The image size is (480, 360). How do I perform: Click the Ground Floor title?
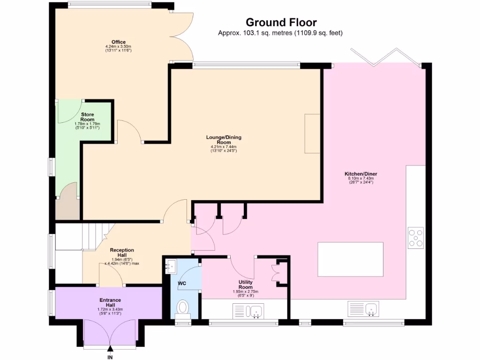[281, 22]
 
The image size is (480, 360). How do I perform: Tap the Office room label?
[118, 42]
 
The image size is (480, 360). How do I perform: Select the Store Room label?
[87, 117]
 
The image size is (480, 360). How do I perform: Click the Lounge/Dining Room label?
[224, 140]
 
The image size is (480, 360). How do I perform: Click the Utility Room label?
[246, 285]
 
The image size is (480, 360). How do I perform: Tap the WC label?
[182, 284]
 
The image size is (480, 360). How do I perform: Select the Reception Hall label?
[122, 253]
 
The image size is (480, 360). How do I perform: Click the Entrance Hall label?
[110, 302]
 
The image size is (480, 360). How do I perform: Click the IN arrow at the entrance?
[110, 349]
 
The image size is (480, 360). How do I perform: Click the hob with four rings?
[415, 237]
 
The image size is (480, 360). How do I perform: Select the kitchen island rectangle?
[350, 259]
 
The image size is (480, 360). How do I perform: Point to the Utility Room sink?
[256, 310]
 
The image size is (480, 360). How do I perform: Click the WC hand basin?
[170, 266]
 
